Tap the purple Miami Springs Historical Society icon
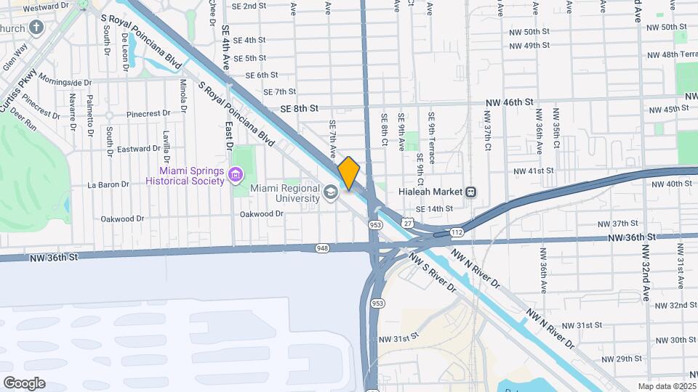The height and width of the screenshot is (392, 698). point(235,175)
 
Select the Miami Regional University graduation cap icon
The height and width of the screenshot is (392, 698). point(332,192)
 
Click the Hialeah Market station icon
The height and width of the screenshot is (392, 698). point(471,192)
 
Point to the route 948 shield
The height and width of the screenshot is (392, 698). point(322,248)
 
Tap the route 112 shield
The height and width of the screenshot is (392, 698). point(456,232)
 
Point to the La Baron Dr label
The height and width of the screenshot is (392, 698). point(108,184)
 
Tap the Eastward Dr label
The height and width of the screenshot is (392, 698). point(138,148)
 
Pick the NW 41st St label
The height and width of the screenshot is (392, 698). point(534,171)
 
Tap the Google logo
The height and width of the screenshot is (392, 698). point(24,383)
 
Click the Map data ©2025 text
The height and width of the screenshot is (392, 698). point(666,386)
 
